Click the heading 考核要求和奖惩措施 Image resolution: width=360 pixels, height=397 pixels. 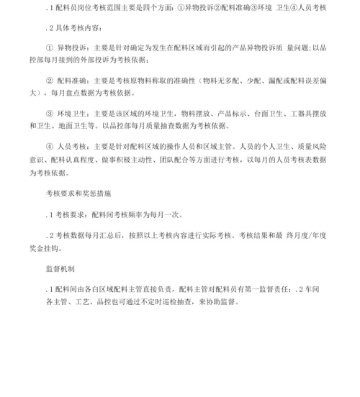pos(78,194)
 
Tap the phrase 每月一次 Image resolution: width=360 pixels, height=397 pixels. pos(147,214)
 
